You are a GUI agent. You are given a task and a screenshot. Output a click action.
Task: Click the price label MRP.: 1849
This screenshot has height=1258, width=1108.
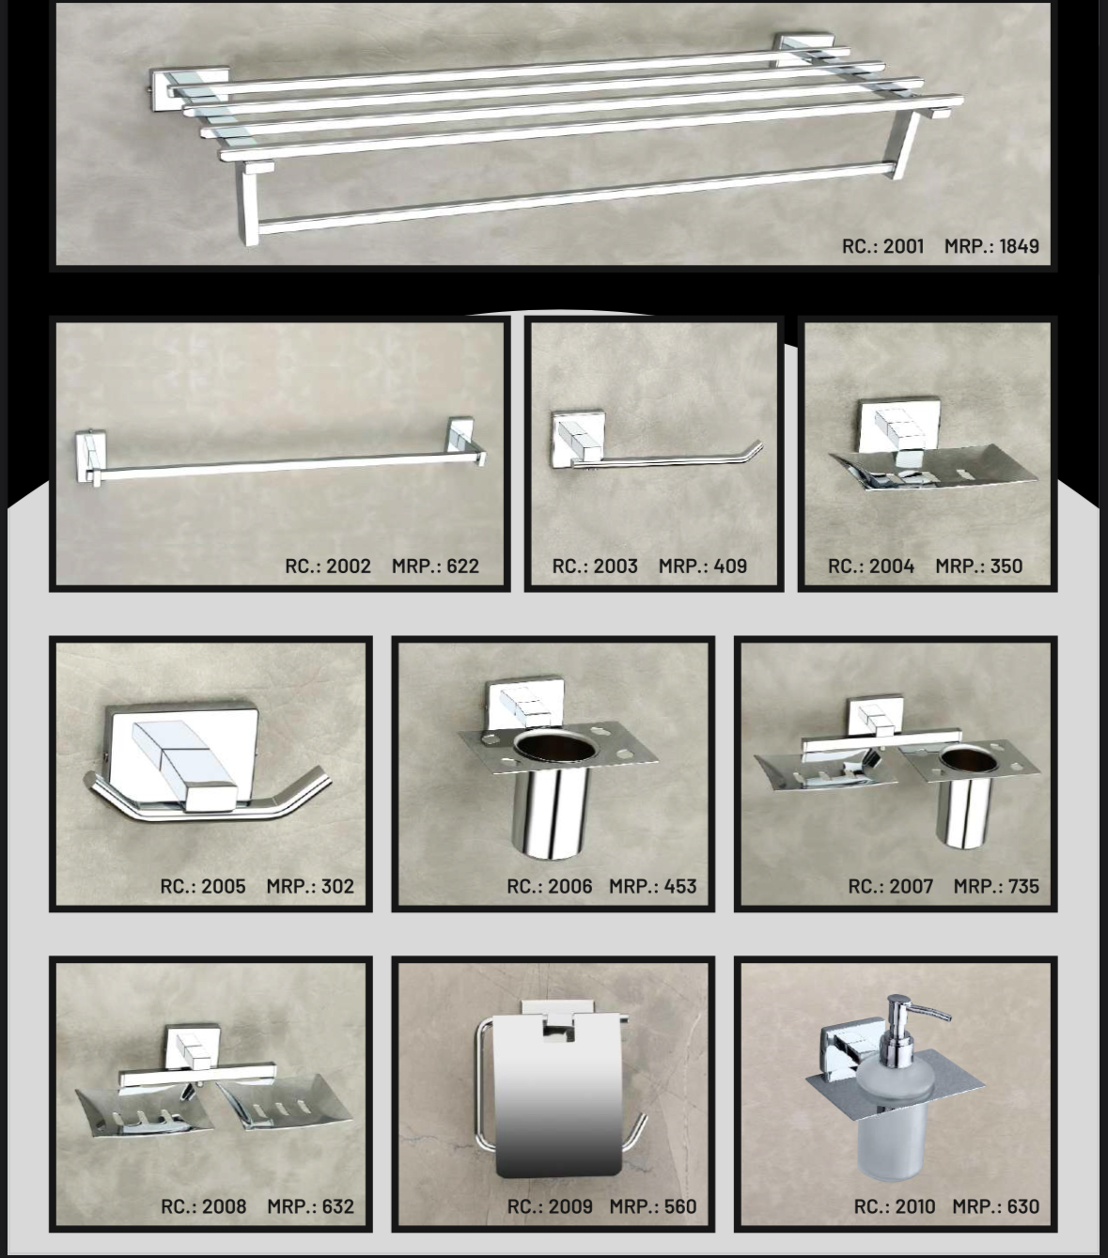[991, 246]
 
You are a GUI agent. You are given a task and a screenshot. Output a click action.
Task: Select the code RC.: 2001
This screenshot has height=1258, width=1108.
[882, 246]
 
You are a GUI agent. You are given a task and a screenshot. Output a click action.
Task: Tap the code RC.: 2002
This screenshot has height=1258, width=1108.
[327, 566]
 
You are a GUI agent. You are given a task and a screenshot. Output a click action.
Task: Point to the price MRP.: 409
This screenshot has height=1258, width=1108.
[702, 566]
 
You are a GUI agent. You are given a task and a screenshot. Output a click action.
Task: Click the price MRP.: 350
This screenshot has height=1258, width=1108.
[979, 566]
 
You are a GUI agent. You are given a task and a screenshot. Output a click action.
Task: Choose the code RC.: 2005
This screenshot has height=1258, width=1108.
[202, 886]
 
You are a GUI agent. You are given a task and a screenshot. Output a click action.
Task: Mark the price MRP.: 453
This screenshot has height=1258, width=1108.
[653, 886]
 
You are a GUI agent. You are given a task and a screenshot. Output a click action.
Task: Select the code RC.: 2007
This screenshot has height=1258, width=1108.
[891, 886]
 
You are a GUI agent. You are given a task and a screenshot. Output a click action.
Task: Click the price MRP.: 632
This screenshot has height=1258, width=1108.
[310, 1206]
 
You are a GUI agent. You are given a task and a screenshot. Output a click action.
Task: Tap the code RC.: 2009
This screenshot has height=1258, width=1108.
[550, 1206]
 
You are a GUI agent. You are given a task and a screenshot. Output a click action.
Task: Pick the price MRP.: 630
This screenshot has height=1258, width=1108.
[995, 1206]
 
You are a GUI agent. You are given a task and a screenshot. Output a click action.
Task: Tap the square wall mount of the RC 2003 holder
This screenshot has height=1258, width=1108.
[578, 438]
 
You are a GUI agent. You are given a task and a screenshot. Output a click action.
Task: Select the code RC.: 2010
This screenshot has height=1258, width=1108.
[895, 1206]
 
